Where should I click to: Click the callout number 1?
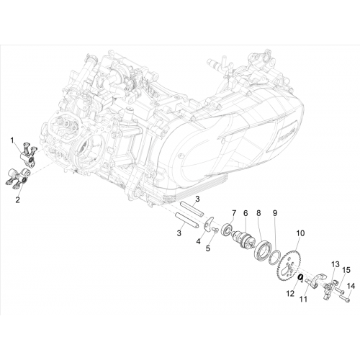[x=12, y=140]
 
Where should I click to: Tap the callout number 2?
[x=17, y=199]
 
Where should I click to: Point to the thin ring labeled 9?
[x=274, y=257]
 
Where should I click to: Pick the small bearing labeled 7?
[x=227, y=228]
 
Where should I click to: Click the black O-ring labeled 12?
[x=300, y=277]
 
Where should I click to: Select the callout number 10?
[x=300, y=233]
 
